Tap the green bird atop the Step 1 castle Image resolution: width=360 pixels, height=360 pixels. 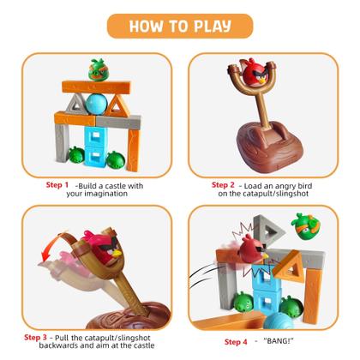(x=96, y=68)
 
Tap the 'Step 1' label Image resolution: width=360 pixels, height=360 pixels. (x=57, y=184)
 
